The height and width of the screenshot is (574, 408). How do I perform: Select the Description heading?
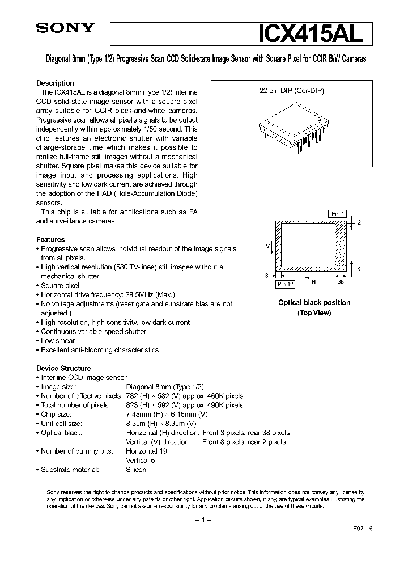click(55, 83)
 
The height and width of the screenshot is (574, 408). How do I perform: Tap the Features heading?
click(50, 239)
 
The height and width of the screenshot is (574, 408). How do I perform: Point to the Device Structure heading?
click(63, 368)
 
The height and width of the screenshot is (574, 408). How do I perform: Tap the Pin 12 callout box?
click(285, 285)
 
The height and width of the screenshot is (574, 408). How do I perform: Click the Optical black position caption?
click(314, 303)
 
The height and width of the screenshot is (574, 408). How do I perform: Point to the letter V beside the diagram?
click(267, 246)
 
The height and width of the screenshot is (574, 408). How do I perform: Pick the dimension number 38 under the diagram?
click(341, 280)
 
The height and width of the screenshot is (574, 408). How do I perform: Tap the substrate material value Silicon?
click(136, 469)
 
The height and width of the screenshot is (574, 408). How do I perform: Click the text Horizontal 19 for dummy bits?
click(147, 451)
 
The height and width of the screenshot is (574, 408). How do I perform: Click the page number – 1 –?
click(202, 520)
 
